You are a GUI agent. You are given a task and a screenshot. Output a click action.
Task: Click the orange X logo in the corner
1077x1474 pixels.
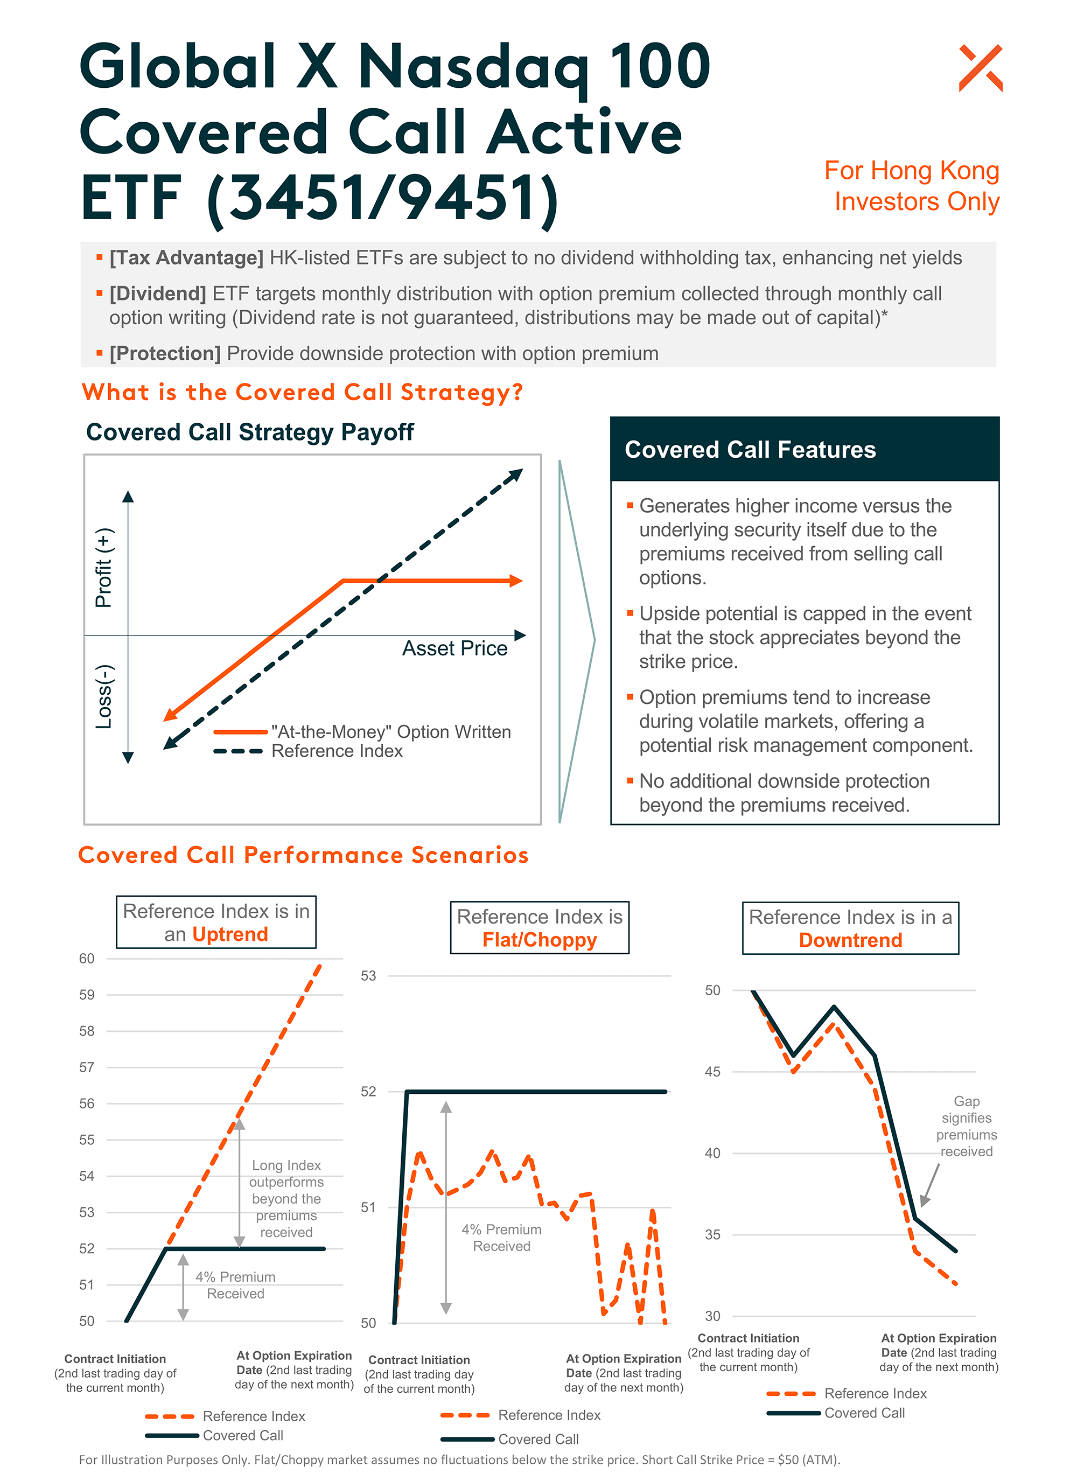pyautogui.click(x=980, y=68)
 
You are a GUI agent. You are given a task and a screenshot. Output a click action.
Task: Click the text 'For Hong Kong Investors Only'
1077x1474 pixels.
pyautogui.click(x=912, y=186)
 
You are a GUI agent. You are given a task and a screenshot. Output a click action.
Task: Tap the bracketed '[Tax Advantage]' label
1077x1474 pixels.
pyautogui.click(x=186, y=257)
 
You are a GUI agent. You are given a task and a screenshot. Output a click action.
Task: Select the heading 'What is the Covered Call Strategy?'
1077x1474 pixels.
pyautogui.click(x=302, y=393)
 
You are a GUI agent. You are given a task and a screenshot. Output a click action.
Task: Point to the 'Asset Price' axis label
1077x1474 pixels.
pyautogui.click(x=454, y=648)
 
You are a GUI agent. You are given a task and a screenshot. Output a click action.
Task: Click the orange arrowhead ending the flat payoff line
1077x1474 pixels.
pyautogui.click(x=516, y=580)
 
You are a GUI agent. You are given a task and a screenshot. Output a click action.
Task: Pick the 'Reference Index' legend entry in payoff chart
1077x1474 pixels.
pyautogui.click(x=337, y=751)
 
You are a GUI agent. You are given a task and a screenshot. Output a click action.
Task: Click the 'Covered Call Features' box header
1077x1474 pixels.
pyautogui.click(x=750, y=450)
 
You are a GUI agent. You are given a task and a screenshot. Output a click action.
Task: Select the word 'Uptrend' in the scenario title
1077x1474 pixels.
pyautogui.click(x=230, y=934)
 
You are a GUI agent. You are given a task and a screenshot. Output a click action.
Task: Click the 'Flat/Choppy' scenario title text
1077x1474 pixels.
pyautogui.click(x=539, y=940)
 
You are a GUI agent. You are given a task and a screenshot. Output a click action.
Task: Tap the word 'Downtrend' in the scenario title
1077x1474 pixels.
pyautogui.click(x=850, y=940)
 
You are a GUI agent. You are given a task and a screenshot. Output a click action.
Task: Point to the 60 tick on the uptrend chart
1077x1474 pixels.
pyautogui.click(x=87, y=958)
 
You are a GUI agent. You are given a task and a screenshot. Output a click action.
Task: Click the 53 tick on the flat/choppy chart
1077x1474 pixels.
pyautogui.click(x=368, y=976)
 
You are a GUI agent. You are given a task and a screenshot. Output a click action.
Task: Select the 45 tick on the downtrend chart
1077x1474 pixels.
pyautogui.click(x=712, y=1072)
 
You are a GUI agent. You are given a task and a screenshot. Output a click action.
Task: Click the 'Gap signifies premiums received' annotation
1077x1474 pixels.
pyautogui.click(x=966, y=1126)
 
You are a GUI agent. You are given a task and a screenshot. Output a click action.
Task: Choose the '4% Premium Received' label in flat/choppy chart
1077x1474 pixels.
pyautogui.click(x=501, y=1238)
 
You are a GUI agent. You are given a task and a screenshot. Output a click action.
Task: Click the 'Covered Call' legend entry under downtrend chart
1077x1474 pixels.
pyautogui.click(x=864, y=1413)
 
